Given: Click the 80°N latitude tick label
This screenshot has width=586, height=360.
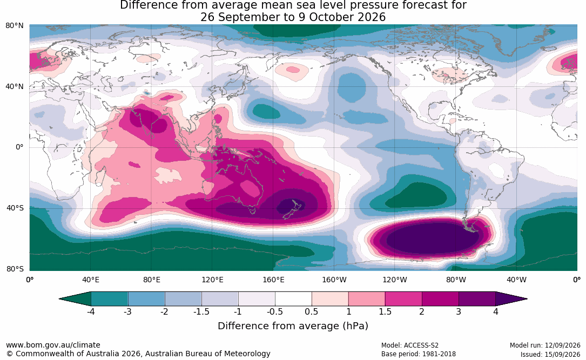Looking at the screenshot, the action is [15, 26].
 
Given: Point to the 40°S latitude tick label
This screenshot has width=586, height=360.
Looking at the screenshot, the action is [15, 208].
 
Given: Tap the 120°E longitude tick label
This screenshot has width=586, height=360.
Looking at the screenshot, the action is [212, 280].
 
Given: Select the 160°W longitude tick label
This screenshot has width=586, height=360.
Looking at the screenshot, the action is [334, 280].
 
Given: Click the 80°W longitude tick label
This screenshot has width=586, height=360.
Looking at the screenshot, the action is [456, 280].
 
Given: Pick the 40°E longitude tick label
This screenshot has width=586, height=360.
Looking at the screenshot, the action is [91, 280].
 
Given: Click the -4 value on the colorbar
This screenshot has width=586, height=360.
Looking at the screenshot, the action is [91, 311].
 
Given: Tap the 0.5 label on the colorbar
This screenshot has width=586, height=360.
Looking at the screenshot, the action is [311, 311].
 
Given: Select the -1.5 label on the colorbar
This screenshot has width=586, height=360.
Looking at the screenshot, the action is [201, 311].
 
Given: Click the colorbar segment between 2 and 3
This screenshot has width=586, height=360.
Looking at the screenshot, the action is [440, 299].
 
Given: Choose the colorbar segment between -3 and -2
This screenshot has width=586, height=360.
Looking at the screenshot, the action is [146, 299].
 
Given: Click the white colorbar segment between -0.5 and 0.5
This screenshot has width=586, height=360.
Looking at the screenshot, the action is [293, 299].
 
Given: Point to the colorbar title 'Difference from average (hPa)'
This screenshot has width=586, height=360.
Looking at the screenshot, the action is [293, 326].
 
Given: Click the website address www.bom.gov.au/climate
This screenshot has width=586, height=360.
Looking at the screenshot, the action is [53, 345].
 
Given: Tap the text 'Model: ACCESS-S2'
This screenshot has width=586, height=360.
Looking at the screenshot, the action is [410, 345].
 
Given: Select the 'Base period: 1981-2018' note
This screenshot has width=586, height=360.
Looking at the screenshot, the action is [419, 354].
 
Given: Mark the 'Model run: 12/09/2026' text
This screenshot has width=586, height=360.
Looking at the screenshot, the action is [545, 345].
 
